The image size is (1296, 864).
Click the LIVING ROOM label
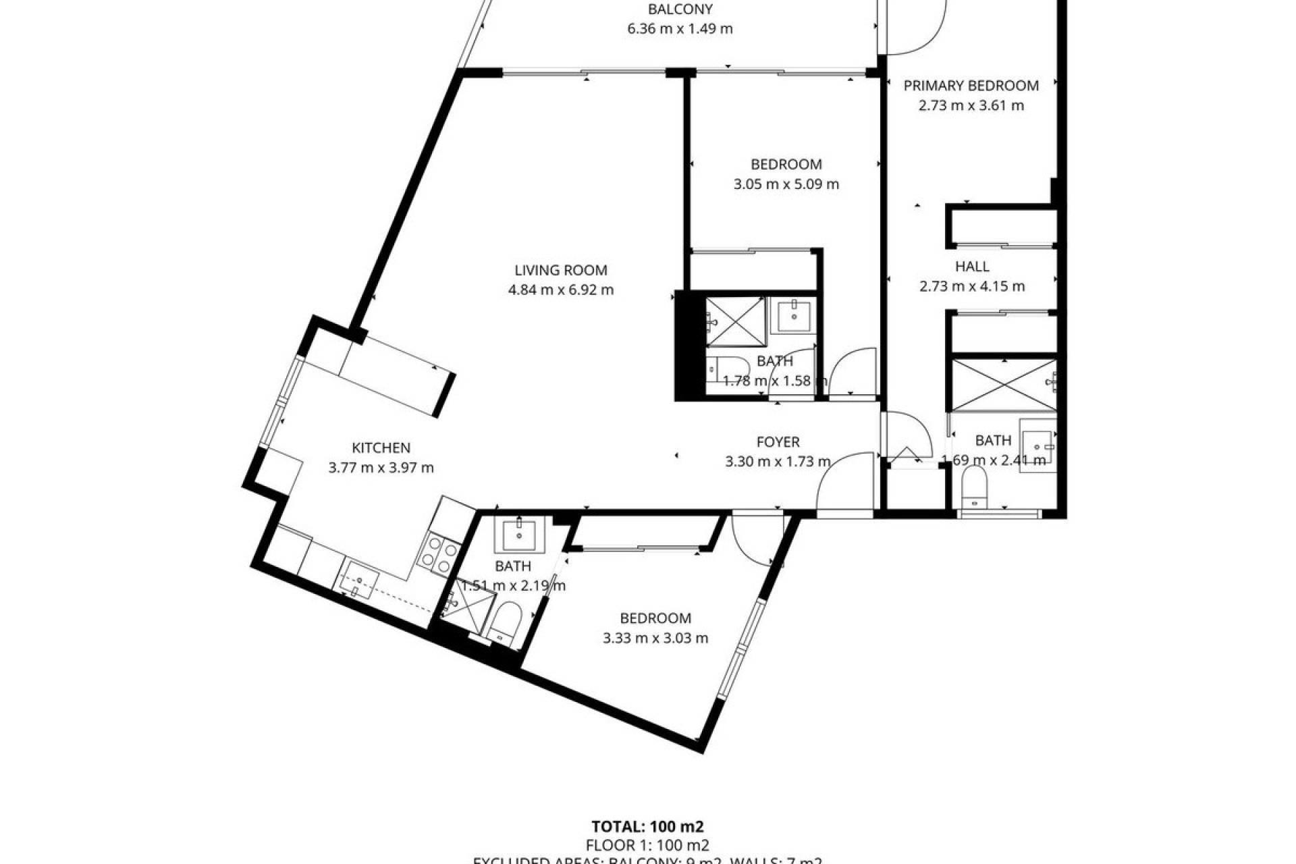pos(561,270)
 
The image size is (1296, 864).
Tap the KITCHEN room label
pos(381,448)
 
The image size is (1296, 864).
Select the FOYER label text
pos(778,442)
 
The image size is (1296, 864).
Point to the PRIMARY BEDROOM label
pos(971,86)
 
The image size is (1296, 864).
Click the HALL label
pos(972,266)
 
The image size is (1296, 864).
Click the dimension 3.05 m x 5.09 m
pos(786,184)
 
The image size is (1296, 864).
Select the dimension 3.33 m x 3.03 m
pos(655,638)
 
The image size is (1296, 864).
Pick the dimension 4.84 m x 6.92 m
pos(561,290)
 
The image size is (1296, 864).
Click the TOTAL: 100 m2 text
pos(647,826)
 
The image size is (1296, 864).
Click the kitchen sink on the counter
pos(360,585)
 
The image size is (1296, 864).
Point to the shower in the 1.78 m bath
pos(734,320)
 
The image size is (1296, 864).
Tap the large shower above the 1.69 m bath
pos(1003,385)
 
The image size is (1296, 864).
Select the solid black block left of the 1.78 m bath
pos(689,346)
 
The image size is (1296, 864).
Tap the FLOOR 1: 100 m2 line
pos(647,845)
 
